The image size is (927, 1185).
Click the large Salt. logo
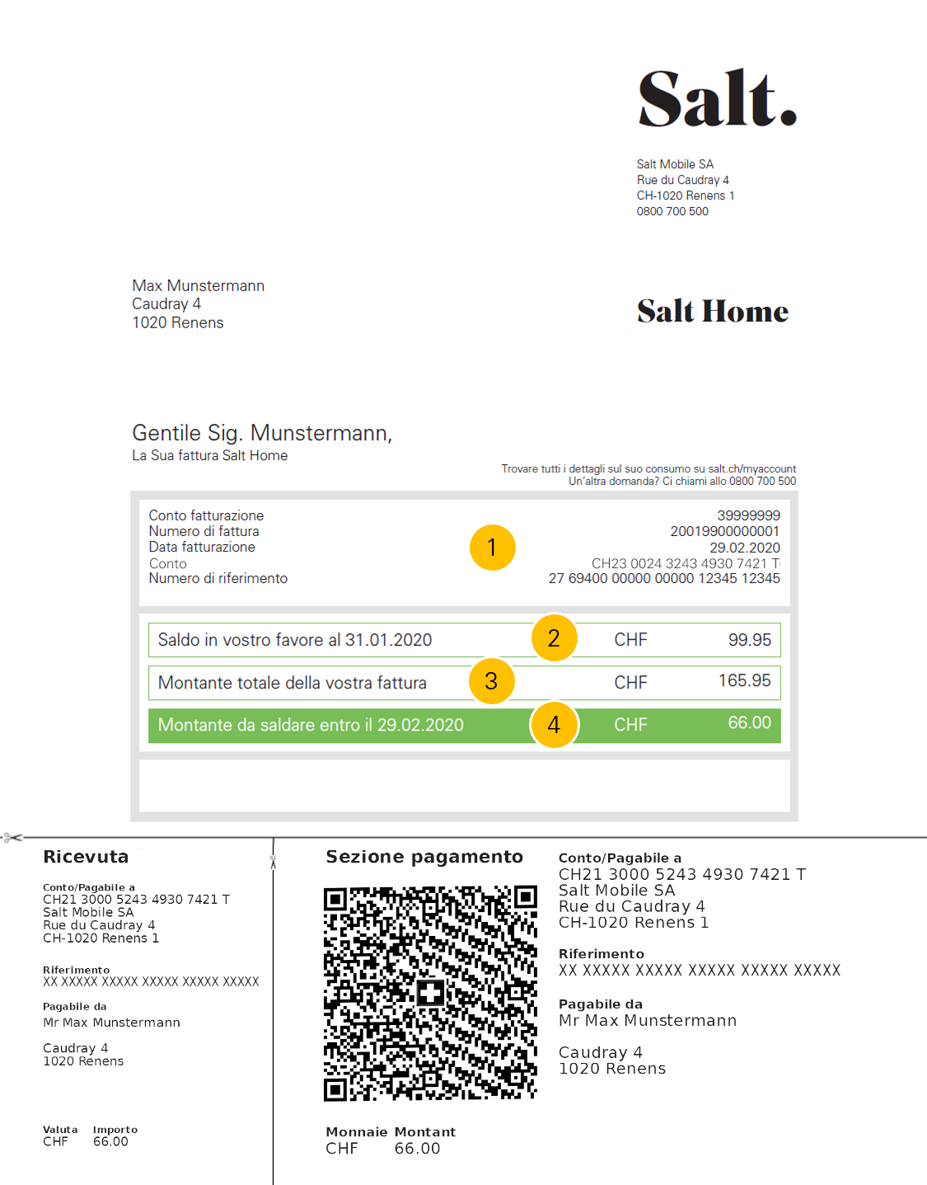717,99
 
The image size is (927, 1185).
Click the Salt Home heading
712,312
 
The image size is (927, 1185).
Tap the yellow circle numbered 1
492,548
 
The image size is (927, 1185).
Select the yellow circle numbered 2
554,638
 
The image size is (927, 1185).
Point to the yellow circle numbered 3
491,681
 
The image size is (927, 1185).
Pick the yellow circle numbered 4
554,725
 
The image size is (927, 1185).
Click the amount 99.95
749,640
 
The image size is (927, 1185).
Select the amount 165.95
744,681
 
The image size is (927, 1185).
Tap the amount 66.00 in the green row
749,723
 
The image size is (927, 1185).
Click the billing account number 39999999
748,515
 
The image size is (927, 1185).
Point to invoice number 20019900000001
724,531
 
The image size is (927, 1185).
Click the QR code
430,994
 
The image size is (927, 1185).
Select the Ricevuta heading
86,857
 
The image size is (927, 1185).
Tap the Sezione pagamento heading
424,857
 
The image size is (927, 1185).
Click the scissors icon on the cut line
12,838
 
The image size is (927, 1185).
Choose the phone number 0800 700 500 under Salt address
672,211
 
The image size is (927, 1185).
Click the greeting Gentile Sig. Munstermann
262,433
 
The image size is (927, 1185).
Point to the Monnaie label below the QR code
356,1132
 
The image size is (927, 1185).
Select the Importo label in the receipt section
115,1130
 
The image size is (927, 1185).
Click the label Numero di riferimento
218,578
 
